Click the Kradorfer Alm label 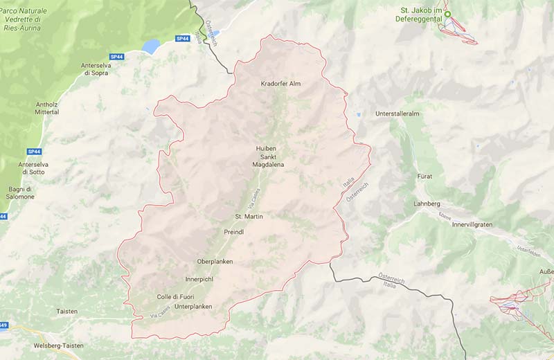point(280,84)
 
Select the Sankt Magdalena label point(267,161)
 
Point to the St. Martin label point(249,217)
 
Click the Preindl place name point(234,231)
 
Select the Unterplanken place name point(193,306)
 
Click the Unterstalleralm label point(397,113)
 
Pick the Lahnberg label point(427,204)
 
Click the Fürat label point(425,177)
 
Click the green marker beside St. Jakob point(447,15)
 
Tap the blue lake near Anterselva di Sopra point(151,46)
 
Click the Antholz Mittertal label point(47,108)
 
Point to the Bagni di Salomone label point(21,192)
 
